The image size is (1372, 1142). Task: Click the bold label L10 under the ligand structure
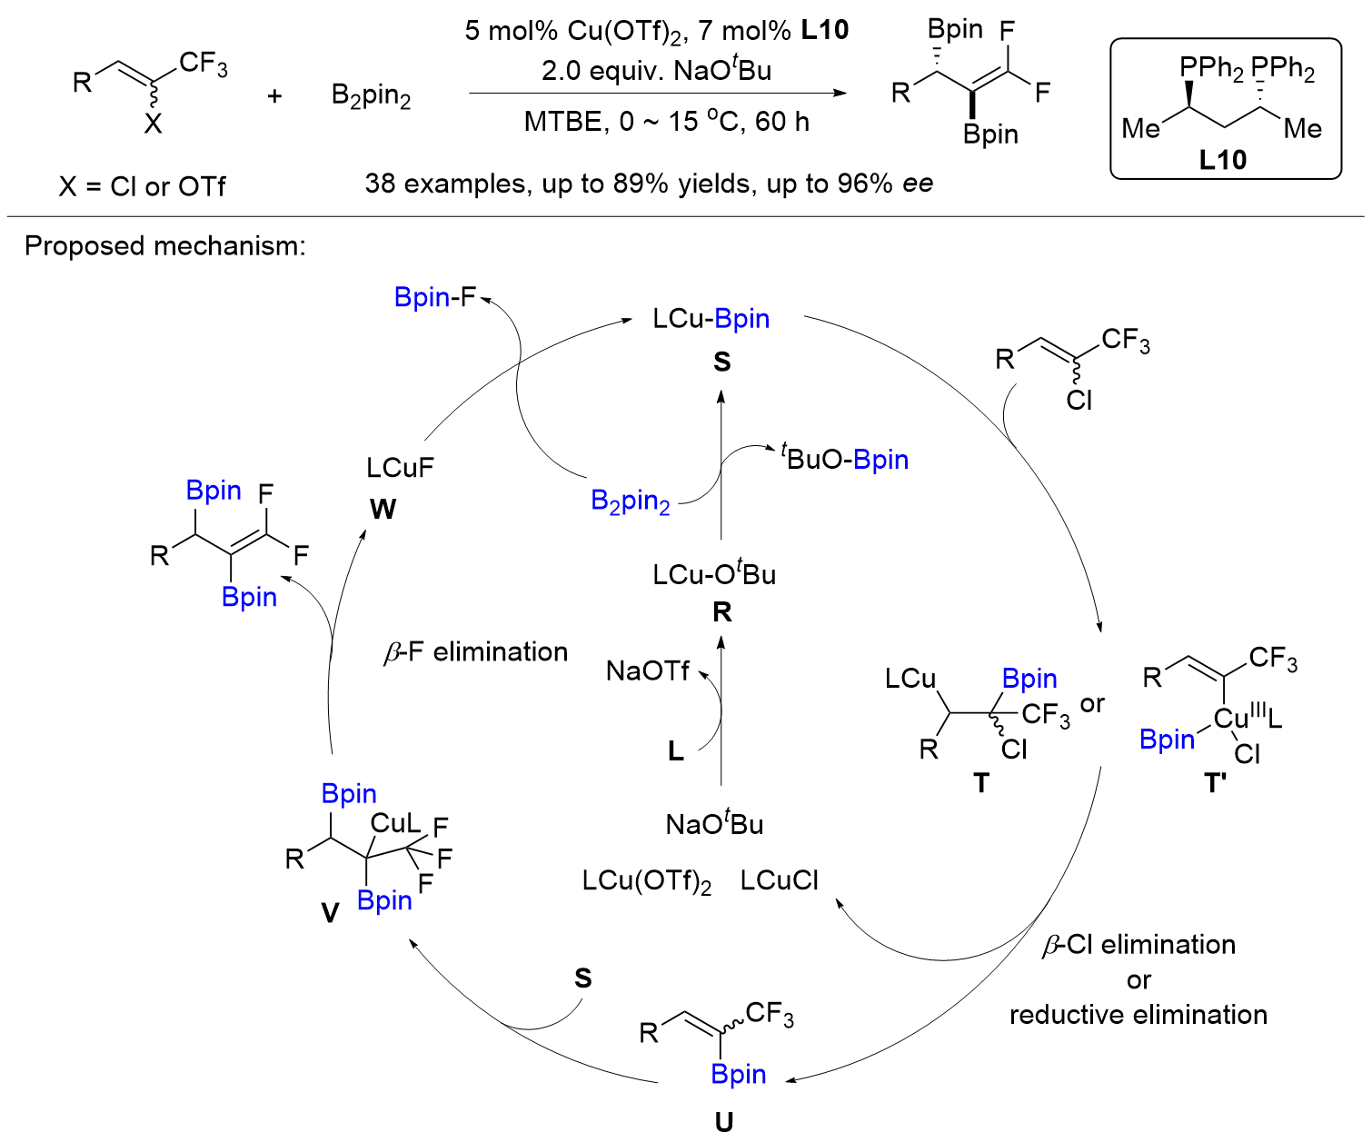[x=1222, y=160]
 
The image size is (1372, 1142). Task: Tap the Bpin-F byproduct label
[x=435, y=297]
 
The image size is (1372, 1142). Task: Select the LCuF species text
[x=400, y=467]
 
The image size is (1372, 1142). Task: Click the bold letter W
[x=383, y=509]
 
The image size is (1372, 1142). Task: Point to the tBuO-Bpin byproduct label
[x=845, y=459]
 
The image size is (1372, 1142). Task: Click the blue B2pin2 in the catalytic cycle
[x=630, y=501]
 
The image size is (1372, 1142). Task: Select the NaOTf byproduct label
[x=648, y=671]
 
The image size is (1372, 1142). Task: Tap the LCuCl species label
[x=780, y=880]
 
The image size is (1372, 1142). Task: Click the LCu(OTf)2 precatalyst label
[x=647, y=881]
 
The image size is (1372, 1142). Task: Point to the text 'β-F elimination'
[x=476, y=652]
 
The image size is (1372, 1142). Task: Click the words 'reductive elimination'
[x=1138, y=1014]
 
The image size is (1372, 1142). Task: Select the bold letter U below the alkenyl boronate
[x=723, y=1123]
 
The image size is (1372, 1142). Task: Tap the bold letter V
[x=330, y=912]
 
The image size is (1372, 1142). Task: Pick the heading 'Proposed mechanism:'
[x=164, y=246]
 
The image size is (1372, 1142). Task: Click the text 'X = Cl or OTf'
[x=142, y=186]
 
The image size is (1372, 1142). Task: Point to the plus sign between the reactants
[x=274, y=95]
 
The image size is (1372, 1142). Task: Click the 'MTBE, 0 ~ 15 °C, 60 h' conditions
[x=666, y=122]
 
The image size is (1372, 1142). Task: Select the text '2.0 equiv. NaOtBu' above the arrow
[x=656, y=70]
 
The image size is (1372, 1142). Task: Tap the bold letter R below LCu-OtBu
[x=722, y=612]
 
